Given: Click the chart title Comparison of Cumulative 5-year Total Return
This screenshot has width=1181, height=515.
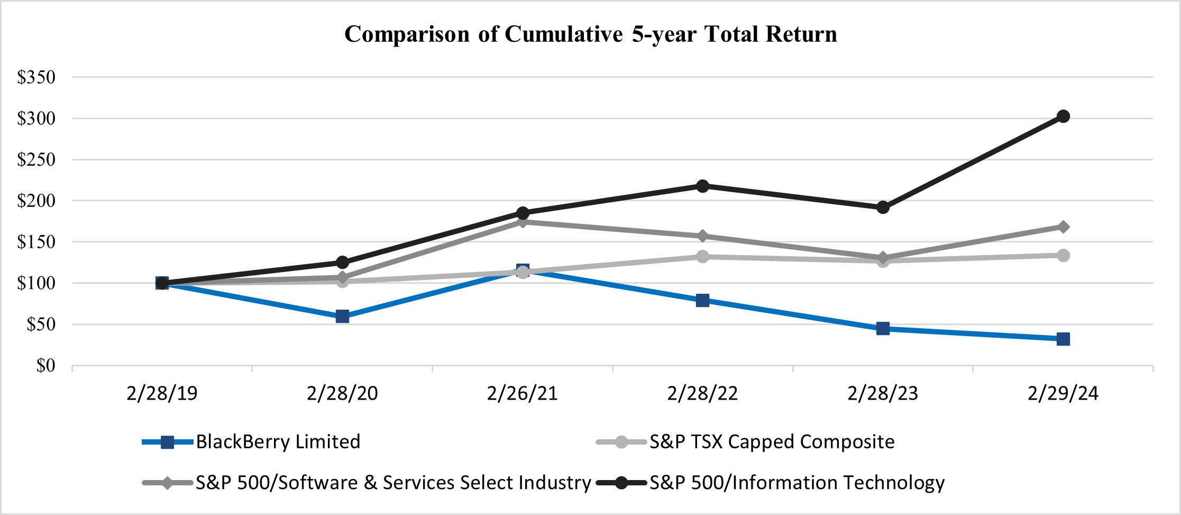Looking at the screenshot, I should [x=590, y=34].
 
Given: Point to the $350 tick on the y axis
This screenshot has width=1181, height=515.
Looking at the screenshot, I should [x=36, y=77].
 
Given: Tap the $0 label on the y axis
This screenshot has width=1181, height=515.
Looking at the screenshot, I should [x=45, y=365].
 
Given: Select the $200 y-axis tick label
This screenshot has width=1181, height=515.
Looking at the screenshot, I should [x=36, y=201].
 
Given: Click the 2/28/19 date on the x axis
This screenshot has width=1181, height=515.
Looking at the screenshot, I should [x=162, y=393].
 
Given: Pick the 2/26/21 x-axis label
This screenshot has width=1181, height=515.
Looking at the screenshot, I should [x=522, y=393].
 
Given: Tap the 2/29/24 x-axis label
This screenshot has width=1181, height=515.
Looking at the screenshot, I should [x=1063, y=393].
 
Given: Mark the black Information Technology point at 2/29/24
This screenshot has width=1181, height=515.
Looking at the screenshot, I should [x=1063, y=116].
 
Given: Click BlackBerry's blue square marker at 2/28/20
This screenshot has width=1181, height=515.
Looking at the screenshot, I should [x=342, y=317].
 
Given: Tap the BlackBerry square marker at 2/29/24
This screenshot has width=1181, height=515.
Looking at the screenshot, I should [x=1063, y=339].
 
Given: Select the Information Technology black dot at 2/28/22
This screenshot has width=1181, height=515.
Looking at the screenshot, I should [x=702, y=186].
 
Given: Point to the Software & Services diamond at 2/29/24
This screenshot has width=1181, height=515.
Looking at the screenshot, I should [x=1063, y=227].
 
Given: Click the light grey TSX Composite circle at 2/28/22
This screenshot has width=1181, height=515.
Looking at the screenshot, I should [x=702, y=257].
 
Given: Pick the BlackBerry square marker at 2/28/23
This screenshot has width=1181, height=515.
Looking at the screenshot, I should [x=883, y=328].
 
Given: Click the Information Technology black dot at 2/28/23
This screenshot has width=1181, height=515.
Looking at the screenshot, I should [x=883, y=207].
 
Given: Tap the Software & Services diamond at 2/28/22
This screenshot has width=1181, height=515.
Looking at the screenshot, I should [x=702, y=236].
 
